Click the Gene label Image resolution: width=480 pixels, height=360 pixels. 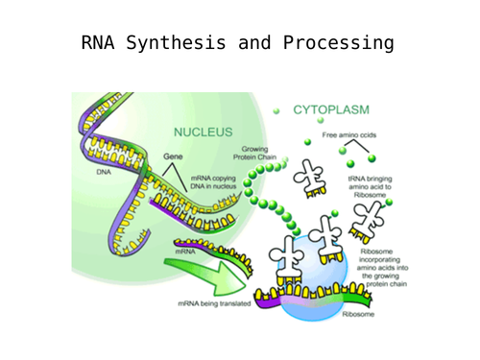coord(173,155)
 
